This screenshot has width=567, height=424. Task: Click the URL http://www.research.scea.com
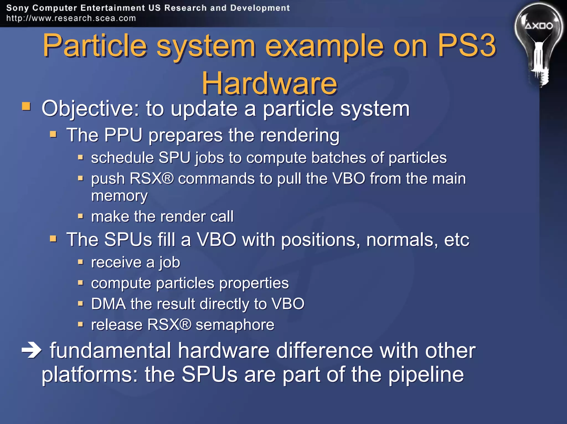pyautogui.click(x=71, y=18)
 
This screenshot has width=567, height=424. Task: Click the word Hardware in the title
pyautogui.click(x=269, y=83)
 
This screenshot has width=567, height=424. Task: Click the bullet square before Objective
pyautogui.click(x=26, y=106)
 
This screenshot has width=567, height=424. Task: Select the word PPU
pyautogui.click(x=123, y=135)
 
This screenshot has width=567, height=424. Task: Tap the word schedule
pyautogui.click(x=122, y=158)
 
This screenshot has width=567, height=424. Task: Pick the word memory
pyautogui.click(x=119, y=196)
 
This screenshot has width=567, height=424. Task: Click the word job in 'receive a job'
pyautogui.click(x=169, y=263)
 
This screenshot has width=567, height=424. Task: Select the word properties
pyautogui.click(x=254, y=283)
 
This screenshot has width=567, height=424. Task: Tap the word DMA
pyautogui.click(x=108, y=304)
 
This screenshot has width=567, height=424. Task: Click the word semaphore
pyautogui.click(x=235, y=325)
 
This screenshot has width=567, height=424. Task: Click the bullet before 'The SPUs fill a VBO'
pyautogui.click(x=53, y=238)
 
